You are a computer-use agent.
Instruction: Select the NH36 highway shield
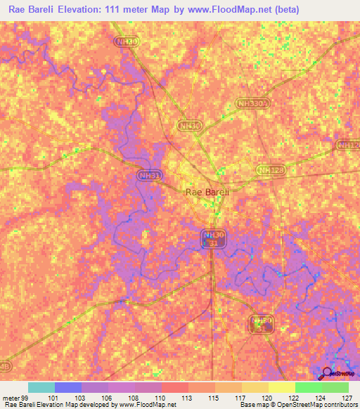(x=188, y=126)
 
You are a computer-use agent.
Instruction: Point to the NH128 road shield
(x=268, y=170)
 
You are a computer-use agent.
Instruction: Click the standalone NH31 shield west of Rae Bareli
(x=144, y=175)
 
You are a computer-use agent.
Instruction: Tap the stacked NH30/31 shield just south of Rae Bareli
(x=212, y=238)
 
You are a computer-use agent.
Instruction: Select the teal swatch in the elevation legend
(x=41, y=387)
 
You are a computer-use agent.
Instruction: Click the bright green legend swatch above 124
(x=308, y=387)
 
